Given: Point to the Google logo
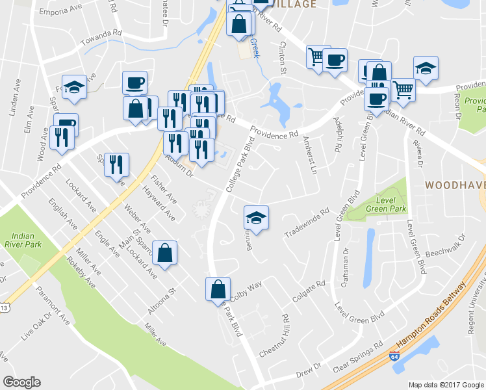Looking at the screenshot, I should pyautogui.click(x=21, y=382).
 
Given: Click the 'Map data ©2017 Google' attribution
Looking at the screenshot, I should pyautogui.click(x=446, y=385).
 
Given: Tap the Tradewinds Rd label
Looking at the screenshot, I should pyautogui.click(x=307, y=224).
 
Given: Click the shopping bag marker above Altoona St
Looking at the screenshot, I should pyautogui.click(x=164, y=253).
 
